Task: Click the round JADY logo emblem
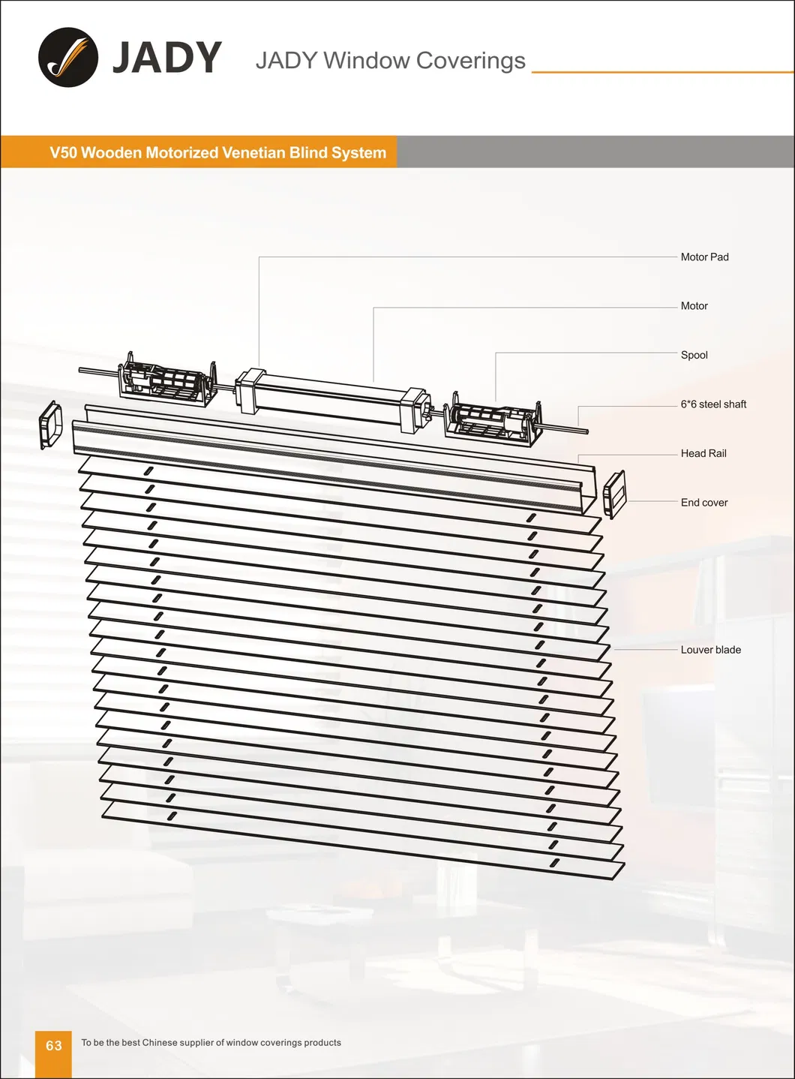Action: [x=68, y=58]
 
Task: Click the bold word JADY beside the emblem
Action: [x=166, y=58]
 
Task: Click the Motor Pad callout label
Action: [x=704, y=257]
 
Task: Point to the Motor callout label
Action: [x=694, y=306]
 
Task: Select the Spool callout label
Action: [x=694, y=355]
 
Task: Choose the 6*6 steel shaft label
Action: [x=713, y=404]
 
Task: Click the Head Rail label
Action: [x=703, y=453]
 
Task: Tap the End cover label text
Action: [x=703, y=503]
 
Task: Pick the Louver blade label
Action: [x=710, y=650]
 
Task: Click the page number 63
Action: [x=54, y=1045]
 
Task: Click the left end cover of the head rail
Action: [x=52, y=425]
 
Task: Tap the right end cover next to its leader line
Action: [x=613, y=494]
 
